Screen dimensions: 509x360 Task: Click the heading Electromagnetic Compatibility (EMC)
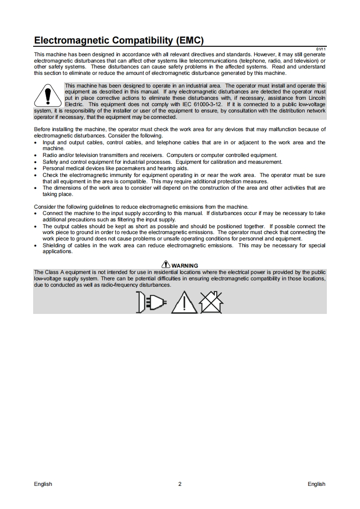coord(118,41)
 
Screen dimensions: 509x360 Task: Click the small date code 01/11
coord(321,49)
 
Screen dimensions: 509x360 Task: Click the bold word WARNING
coord(185,266)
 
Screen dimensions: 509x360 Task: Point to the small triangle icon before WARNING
coord(166,265)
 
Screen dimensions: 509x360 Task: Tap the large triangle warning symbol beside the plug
coord(184,302)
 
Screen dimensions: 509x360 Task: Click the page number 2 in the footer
coord(180,484)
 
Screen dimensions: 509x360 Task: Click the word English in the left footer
coord(43,484)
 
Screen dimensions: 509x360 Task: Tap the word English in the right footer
coord(316,484)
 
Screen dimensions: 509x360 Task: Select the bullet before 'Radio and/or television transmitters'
coord(36,155)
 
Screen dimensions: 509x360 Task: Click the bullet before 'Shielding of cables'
coord(36,246)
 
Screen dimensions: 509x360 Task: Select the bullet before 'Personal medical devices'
coord(36,168)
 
